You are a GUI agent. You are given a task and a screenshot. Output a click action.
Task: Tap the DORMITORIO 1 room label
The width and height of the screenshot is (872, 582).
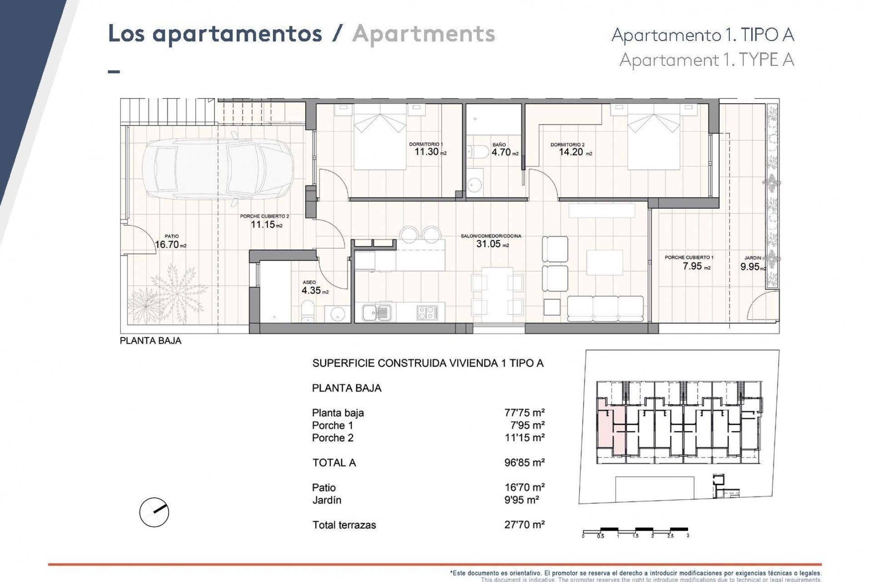[426, 144]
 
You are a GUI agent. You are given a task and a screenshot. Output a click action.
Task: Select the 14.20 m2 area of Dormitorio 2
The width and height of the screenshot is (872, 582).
[571, 152]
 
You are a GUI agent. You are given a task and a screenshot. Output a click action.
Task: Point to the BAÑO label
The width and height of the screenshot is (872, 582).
[499, 145]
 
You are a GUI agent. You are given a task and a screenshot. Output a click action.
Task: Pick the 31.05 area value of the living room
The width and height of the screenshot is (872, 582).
[488, 244]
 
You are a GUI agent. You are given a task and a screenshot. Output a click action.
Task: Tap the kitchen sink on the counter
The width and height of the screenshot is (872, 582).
[377, 312]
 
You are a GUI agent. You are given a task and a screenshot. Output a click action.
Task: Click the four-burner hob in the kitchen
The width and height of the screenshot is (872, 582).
[427, 312]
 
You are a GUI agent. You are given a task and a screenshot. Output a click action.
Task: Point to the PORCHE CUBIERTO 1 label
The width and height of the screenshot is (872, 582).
[689, 257]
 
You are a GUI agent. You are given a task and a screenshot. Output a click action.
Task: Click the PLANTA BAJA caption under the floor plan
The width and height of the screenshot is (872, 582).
[150, 341]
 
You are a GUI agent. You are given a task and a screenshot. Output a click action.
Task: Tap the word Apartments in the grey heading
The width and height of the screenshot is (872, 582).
[423, 34]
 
